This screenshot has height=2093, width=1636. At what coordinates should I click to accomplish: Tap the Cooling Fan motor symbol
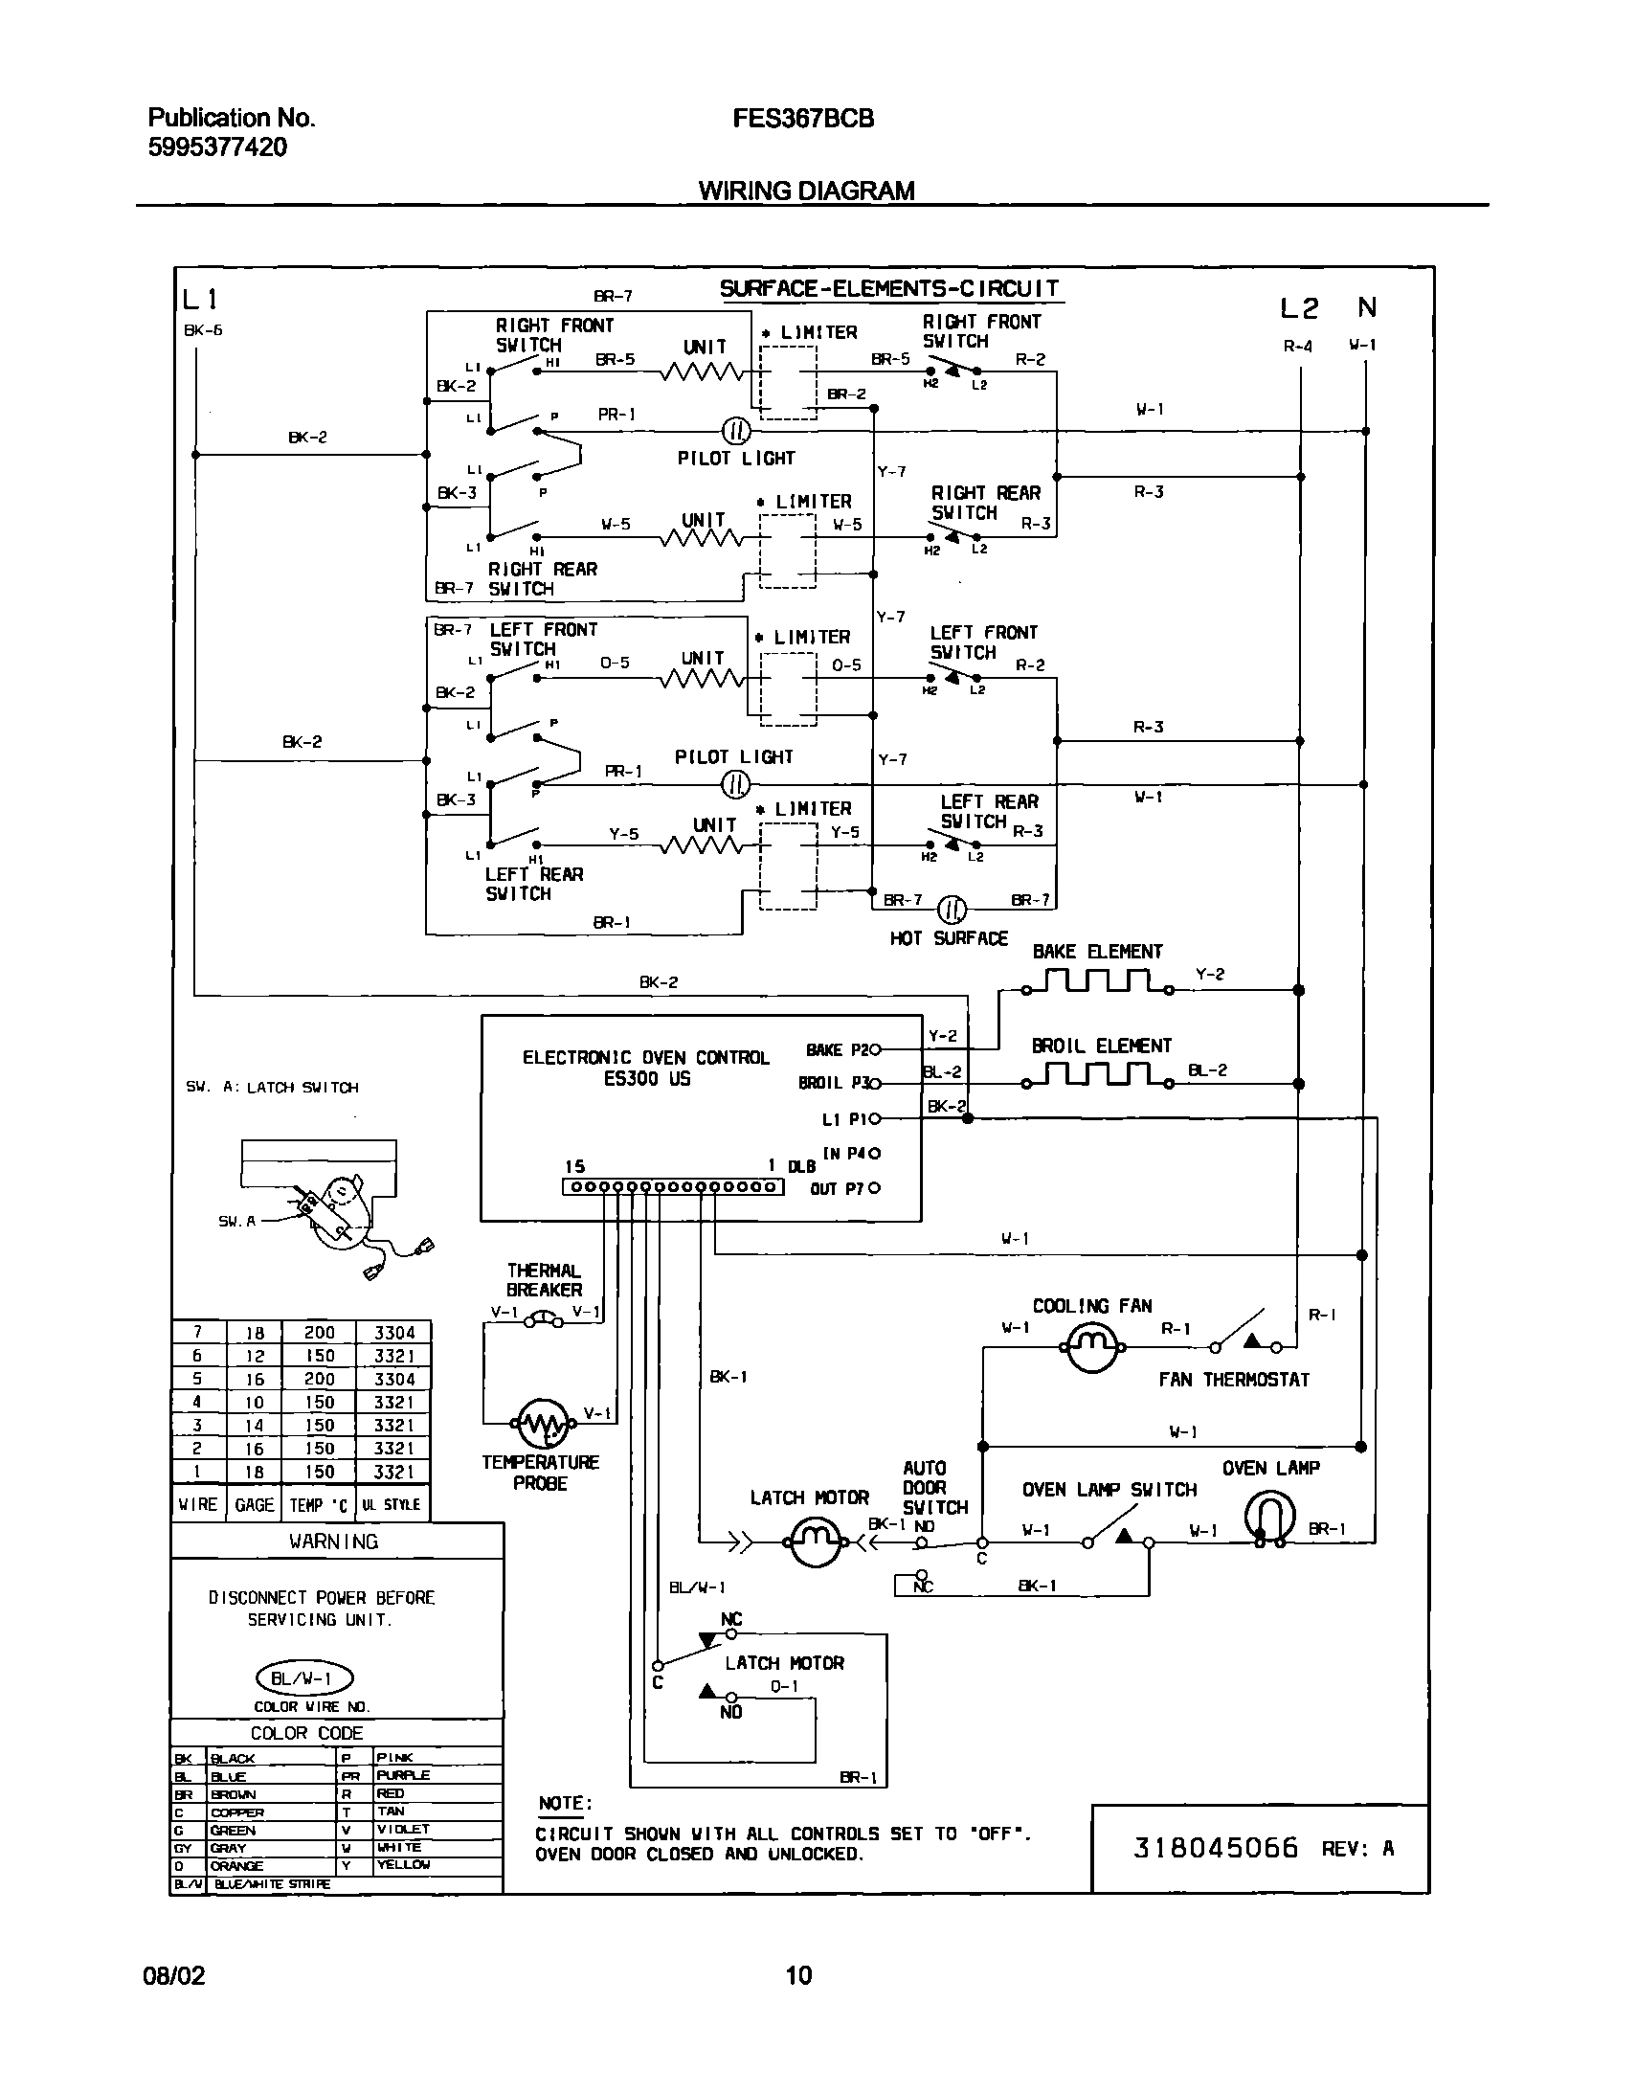(1090, 1345)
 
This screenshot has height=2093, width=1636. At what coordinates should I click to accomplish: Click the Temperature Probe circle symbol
(542, 1423)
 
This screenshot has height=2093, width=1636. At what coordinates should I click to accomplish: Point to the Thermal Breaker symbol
(545, 1320)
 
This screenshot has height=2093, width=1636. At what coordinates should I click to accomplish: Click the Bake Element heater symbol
(1098, 982)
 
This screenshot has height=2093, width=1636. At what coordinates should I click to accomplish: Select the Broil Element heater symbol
(1098, 1076)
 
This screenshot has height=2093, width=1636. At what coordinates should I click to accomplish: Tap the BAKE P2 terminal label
(838, 1050)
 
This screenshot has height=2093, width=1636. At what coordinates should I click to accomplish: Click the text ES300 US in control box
(647, 1079)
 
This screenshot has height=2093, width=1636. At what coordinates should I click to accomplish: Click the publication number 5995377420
(217, 147)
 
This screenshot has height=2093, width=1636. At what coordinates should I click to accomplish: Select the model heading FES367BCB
(803, 119)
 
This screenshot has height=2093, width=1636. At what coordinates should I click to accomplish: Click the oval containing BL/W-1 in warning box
(304, 1678)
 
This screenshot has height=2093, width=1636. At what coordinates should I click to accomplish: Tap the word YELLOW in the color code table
(403, 1864)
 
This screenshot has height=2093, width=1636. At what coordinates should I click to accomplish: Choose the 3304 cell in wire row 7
(393, 1332)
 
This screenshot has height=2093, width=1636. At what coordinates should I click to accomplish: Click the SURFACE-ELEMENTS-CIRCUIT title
(889, 288)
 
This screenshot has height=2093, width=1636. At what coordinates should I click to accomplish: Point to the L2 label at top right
(1299, 308)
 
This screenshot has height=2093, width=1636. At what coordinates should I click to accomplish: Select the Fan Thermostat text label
(1234, 1380)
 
